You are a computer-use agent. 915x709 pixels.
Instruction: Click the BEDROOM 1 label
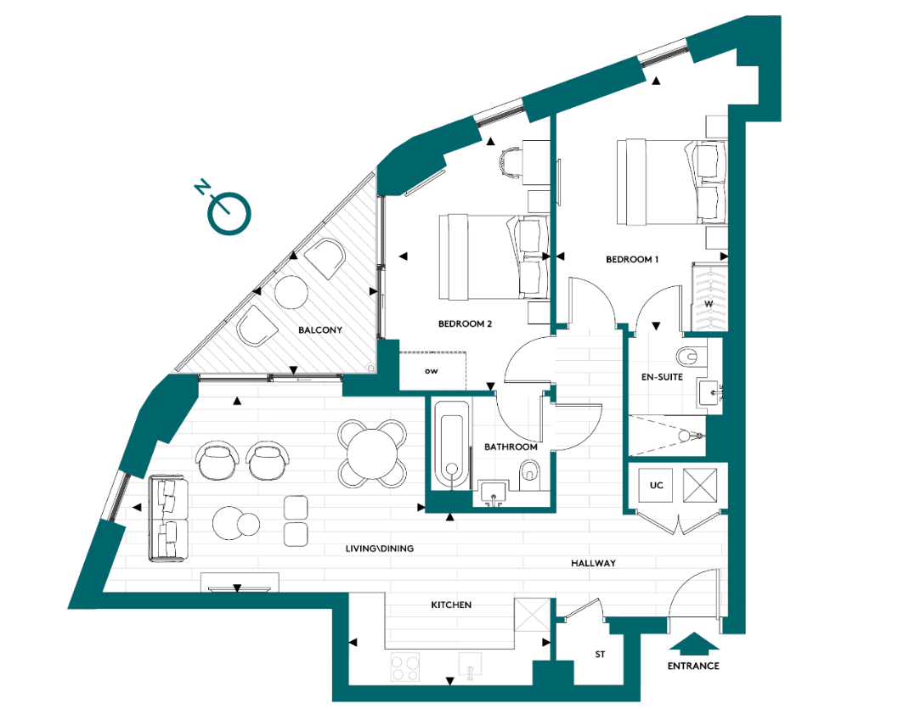(x=632, y=259)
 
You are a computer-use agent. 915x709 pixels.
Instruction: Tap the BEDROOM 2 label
(x=465, y=324)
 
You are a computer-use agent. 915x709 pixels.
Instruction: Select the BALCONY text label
(x=320, y=329)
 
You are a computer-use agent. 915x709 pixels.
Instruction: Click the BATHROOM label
(x=511, y=447)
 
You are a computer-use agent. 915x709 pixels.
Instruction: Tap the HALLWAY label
(x=593, y=563)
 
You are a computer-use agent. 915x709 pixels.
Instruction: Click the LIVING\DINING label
(x=380, y=549)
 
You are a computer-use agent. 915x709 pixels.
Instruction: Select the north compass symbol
(x=229, y=212)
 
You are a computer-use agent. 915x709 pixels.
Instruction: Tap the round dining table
(x=370, y=452)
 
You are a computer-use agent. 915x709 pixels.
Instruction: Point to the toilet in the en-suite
(x=690, y=354)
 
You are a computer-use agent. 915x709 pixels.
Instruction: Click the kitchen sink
(x=470, y=666)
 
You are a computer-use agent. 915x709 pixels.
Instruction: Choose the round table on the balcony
(x=291, y=293)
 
